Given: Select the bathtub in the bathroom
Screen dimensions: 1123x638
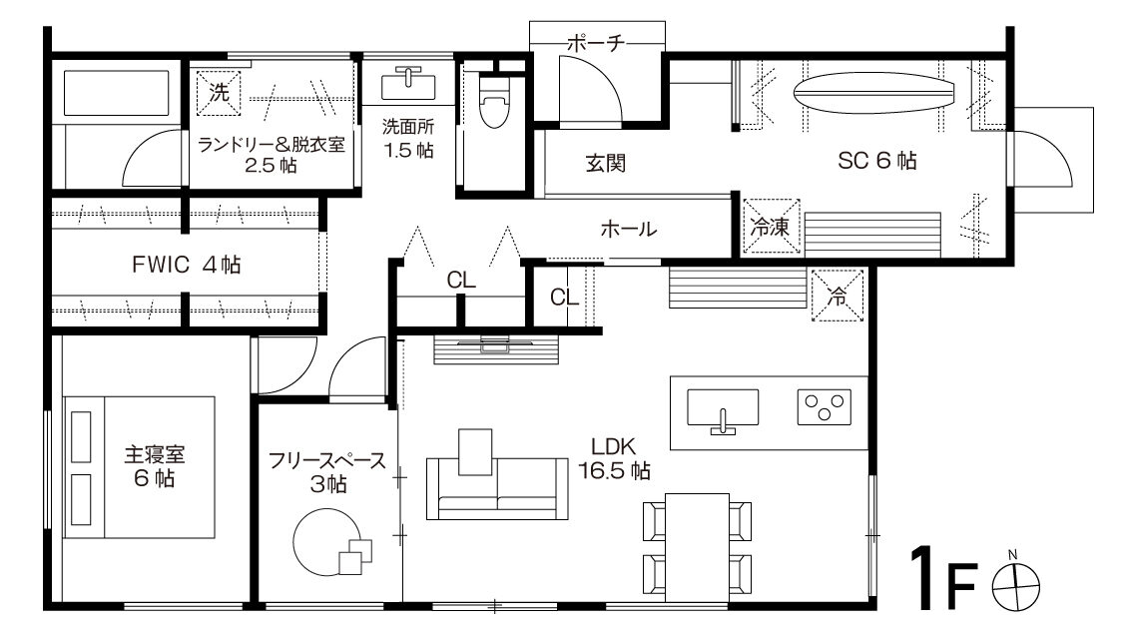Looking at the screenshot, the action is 116,93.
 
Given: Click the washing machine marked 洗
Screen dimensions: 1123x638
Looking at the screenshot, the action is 219,93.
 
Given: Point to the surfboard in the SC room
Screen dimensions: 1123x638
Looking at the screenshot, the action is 873,93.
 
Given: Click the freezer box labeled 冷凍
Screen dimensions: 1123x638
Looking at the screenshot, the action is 772,226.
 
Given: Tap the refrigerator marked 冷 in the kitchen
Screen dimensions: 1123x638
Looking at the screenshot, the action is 837,295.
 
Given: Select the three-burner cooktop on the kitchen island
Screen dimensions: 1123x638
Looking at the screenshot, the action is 825,406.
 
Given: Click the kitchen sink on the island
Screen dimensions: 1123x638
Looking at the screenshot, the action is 723,409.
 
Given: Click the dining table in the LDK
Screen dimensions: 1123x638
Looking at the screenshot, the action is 697,548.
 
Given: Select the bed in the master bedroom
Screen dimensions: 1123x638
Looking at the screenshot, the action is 139,467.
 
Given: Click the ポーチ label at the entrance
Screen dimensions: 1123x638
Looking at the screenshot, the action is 596,43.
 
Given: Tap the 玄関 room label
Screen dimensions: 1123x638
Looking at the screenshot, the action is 606,164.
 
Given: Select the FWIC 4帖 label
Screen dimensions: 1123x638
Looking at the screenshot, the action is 187,265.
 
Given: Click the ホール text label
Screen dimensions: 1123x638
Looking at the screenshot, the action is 628,229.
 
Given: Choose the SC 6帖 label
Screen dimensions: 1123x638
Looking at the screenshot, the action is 877,161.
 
